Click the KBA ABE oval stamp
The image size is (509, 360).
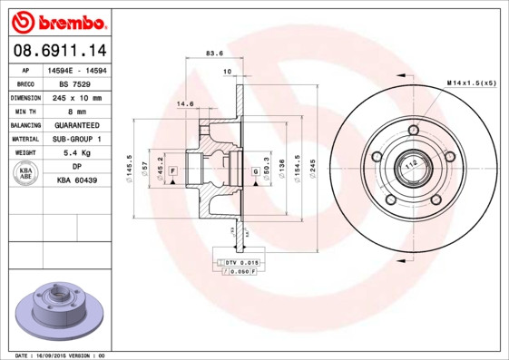click(x=27, y=174)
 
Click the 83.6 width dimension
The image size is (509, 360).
click(x=215, y=54)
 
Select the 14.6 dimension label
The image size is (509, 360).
click(x=185, y=104)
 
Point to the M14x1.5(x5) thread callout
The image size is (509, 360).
click(x=471, y=83)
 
